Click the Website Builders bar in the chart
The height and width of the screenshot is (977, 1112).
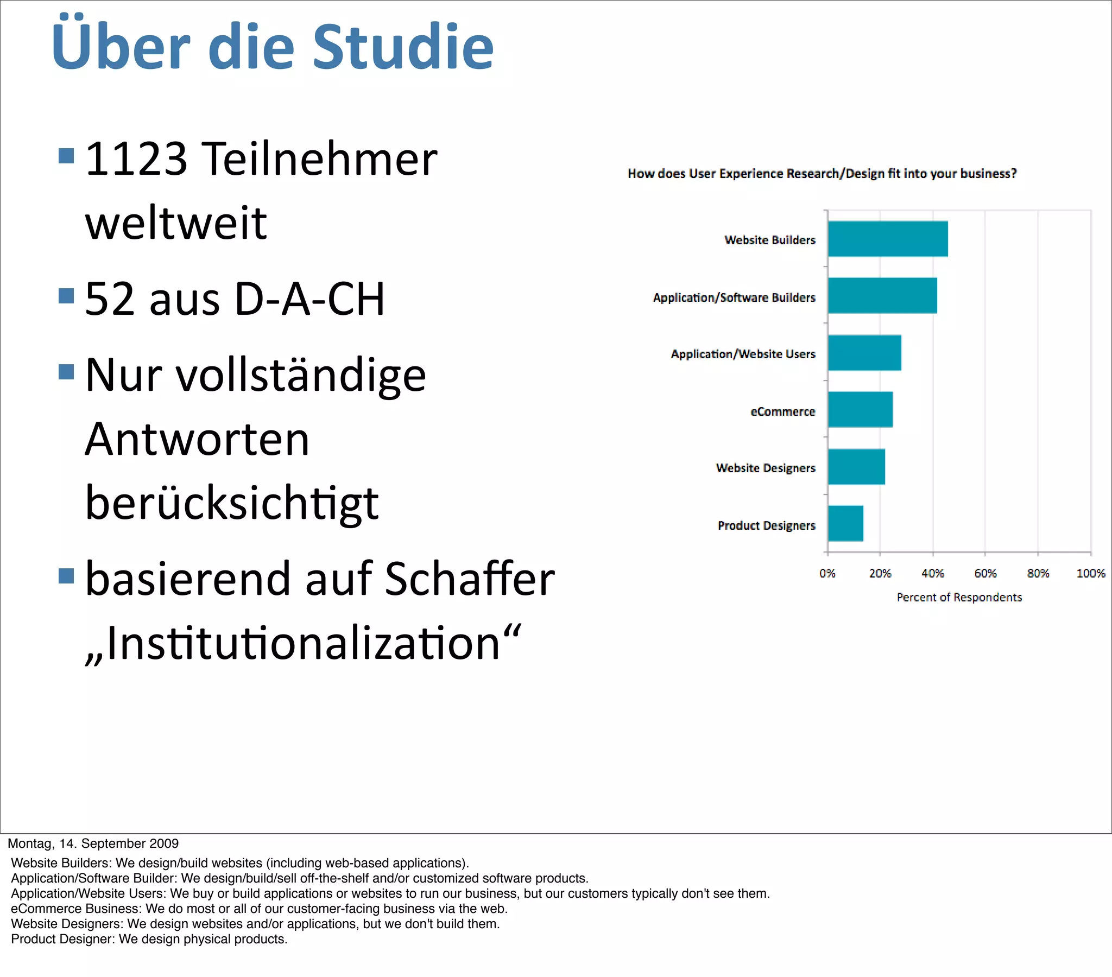click(x=887, y=239)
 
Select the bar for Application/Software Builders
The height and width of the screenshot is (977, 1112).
click(x=882, y=295)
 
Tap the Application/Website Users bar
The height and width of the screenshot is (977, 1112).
click(x=864, y=353)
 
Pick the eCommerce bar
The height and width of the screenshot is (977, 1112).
click(x=860, y=410)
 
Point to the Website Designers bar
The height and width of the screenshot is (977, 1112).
click(x=856, y=467)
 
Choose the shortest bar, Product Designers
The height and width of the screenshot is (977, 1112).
click(x=845, y=523)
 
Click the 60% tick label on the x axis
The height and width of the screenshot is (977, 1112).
click(x=985, y=573)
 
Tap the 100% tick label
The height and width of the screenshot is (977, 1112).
click(x=1090, y=573)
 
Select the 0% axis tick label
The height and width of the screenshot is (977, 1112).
click(x=827, y=573)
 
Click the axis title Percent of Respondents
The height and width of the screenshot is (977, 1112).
click(x=959, y=597)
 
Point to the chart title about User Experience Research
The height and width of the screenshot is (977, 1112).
click(x=822, y=174)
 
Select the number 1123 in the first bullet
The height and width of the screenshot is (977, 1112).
click(x=136, y=159)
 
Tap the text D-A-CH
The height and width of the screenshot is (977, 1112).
click(x=309, y=299)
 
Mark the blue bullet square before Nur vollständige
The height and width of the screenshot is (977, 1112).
click(x=66, y=372)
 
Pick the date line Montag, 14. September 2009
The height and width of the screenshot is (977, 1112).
click(x=93, y=843)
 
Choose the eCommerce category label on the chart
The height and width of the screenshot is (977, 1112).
click(x=782, y=412)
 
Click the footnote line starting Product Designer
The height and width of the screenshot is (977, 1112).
click(x=149, y=940)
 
